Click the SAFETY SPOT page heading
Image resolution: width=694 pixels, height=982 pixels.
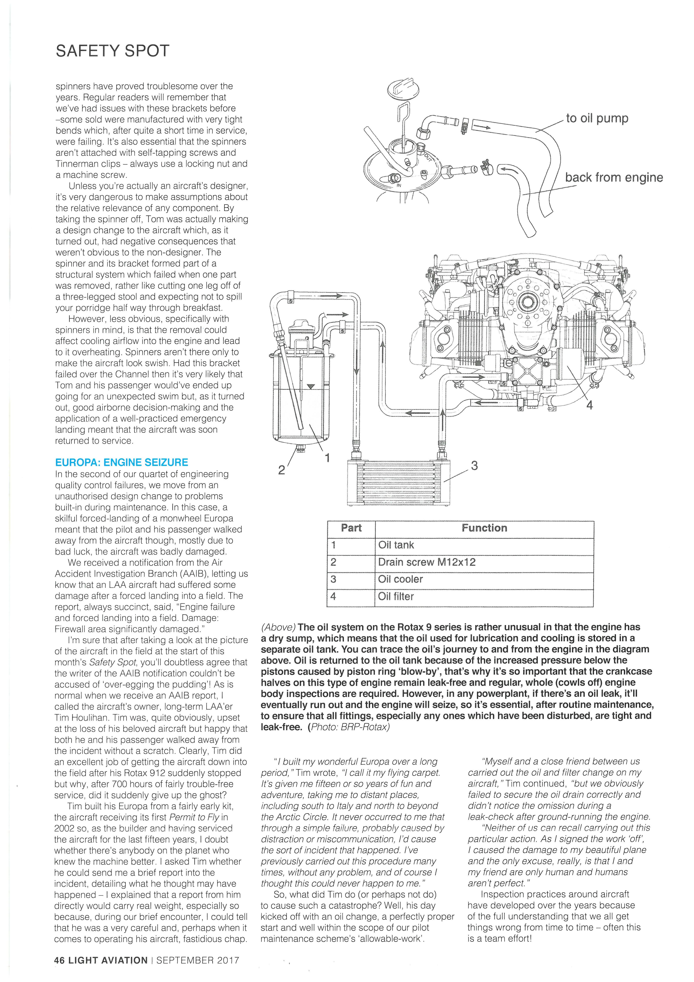coord(112,51)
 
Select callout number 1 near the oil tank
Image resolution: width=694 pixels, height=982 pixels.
coord(327,458)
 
